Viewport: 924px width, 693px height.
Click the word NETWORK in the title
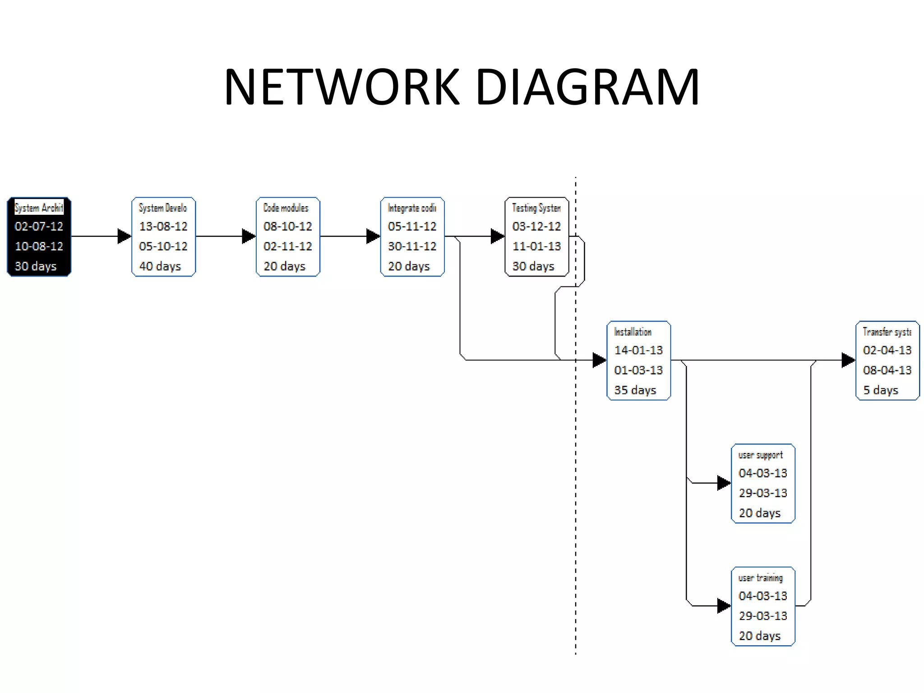(x=342, y=87)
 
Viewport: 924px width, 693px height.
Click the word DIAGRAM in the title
(x=587, y=87)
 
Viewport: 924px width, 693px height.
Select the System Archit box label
(x=39, y=208)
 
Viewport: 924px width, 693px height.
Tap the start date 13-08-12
(x=163, y=226)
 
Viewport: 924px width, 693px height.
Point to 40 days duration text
(x=160, y=266)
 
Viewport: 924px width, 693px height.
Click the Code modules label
(x=286, y=208)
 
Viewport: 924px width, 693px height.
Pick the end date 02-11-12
(x=287, y=246)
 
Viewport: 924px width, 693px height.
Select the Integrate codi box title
(x=411, y=208)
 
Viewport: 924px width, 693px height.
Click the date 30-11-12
(x=412, y=246)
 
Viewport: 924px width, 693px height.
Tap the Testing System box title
(x=536, y=208)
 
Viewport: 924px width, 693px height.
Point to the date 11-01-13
(x=536, y=246)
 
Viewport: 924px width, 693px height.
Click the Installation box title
(x=633, y=332)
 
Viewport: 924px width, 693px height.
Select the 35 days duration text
(x=635, y=390)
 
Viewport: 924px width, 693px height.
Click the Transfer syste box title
(x=887, y=332)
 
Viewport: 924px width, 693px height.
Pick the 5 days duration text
(x=880, y=390)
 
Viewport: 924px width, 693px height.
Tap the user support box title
(x=760, y=455)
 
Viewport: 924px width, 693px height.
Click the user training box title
(x=760, y=577)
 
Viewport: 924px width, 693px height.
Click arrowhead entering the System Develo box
(x=124, y=236)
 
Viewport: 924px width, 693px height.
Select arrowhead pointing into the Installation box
(x=599, y=360)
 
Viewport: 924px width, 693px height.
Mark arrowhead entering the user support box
(x=724, y=483)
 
